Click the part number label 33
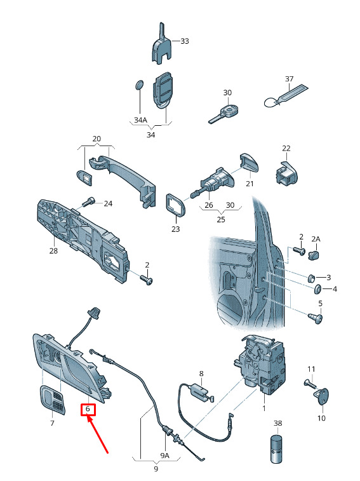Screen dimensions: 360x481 point(185,41)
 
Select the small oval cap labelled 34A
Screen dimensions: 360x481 point(140,85)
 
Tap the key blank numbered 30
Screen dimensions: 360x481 point(224,113)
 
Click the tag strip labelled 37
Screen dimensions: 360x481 point(286,95)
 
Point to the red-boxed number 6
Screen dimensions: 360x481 point(88,409)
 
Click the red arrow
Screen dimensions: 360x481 point(98,433)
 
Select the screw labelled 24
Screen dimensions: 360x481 point(88,203)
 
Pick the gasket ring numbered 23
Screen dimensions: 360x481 point(176,205)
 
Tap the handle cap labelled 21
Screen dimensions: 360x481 point(249,162)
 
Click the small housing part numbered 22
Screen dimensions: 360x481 point(286,173)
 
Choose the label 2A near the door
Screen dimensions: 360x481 point(316,239)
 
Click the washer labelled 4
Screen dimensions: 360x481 point(317,289)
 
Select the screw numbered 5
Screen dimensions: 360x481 point(316,318)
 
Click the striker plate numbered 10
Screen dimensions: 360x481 point(322,396)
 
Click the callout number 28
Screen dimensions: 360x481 point(53,251)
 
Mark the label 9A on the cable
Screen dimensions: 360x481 point(164,456)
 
